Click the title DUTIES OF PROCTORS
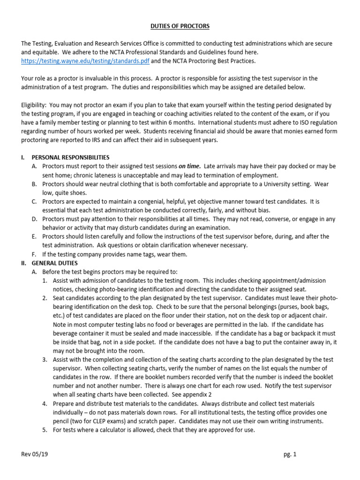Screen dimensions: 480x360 (x=180, y=26)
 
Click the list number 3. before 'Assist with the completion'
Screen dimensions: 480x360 (x=45, y=360)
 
